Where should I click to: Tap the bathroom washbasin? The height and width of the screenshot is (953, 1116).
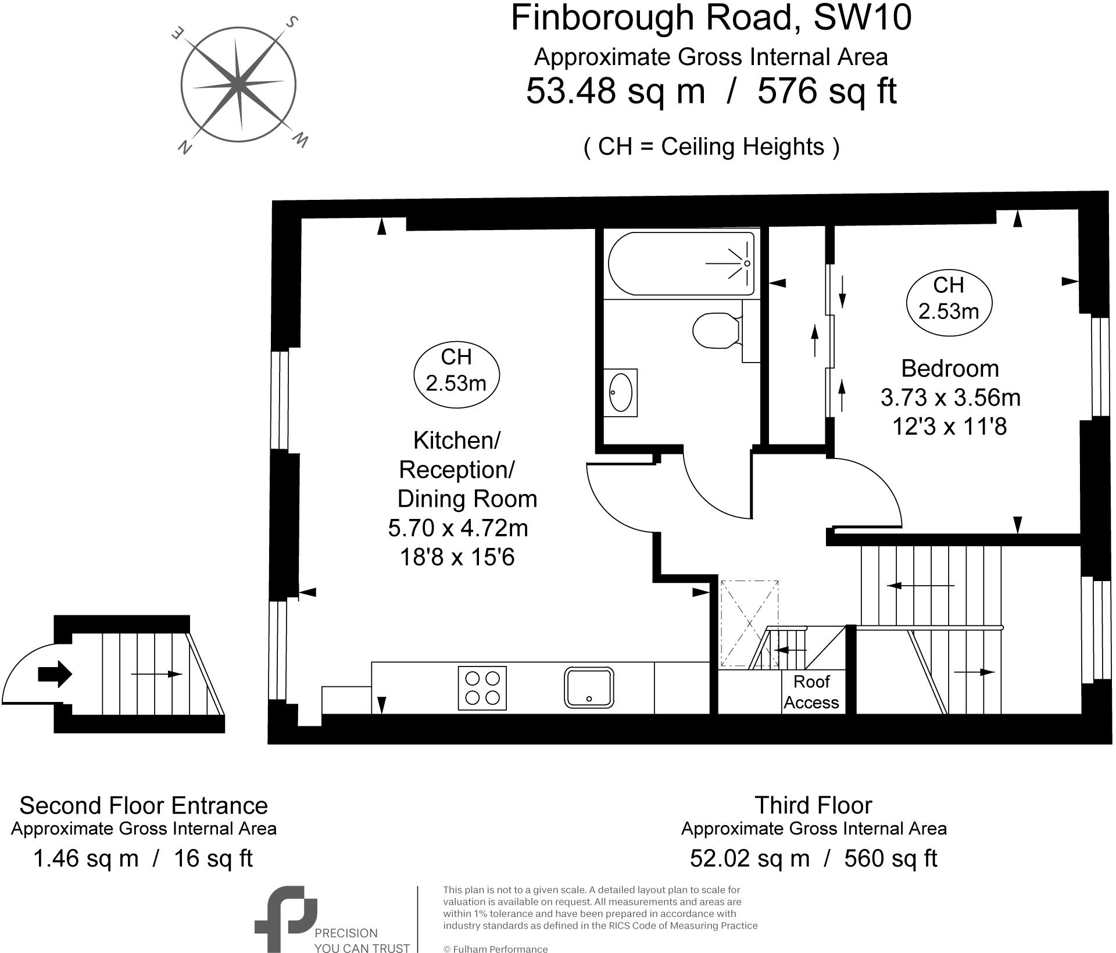tap(620, 392)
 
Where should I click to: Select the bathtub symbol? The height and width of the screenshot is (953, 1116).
tap(681, 263)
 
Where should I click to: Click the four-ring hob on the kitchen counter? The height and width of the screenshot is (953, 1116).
tap(482, 688)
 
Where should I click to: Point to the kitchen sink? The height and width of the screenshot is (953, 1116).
tap(589, 687)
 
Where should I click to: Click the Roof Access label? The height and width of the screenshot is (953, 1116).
tap(811, 692)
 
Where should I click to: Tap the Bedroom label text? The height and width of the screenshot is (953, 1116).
tap(950, 368)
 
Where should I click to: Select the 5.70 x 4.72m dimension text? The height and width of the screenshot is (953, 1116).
tap(458, 528)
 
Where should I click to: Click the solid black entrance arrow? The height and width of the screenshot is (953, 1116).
tap(55, 675)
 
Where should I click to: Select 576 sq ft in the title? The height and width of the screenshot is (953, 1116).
tap(827, 91)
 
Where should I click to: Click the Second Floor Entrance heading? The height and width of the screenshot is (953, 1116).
tap(144, 805)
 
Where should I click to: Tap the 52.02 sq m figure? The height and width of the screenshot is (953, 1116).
tap(749, 858)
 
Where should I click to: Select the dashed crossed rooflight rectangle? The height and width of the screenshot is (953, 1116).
tap(749, 623)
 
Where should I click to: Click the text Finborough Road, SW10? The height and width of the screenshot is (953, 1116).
tap(710, 18)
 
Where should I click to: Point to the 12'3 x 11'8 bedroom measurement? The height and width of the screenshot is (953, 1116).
tap(950, 427)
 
